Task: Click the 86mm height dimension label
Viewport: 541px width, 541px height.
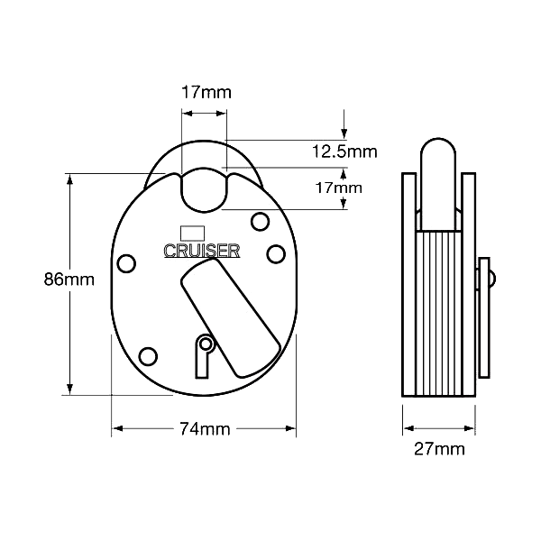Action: coord(69,280)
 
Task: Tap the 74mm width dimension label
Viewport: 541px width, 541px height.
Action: coord(205,429)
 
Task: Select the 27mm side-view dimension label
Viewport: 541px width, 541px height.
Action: coord(439,449)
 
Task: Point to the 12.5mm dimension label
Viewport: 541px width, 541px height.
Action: coord(344,151)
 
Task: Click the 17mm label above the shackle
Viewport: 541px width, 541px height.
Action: coord(206,93)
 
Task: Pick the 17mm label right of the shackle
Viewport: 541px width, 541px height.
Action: coord(338,188)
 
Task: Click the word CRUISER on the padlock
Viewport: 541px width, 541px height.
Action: coord(202,251)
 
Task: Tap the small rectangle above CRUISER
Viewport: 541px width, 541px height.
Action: coord(193,234)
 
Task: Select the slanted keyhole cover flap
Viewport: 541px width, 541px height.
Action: coord(231,317)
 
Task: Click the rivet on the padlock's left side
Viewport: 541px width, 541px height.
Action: coord(126,263)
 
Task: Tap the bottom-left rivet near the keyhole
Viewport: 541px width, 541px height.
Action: coord(148,356)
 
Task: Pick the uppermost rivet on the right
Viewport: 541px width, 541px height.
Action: coord(260,222)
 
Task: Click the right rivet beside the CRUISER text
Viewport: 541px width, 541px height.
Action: coord(276,254)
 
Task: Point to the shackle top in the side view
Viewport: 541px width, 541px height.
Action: coord(438,145)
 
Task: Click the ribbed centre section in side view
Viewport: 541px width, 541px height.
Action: coord(439,313)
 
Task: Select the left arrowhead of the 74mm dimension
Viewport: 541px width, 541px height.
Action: coord(118,428)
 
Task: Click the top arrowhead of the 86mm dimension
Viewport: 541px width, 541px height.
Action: coord(69,179)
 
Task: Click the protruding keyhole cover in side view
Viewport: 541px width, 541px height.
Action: coord(484,317)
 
